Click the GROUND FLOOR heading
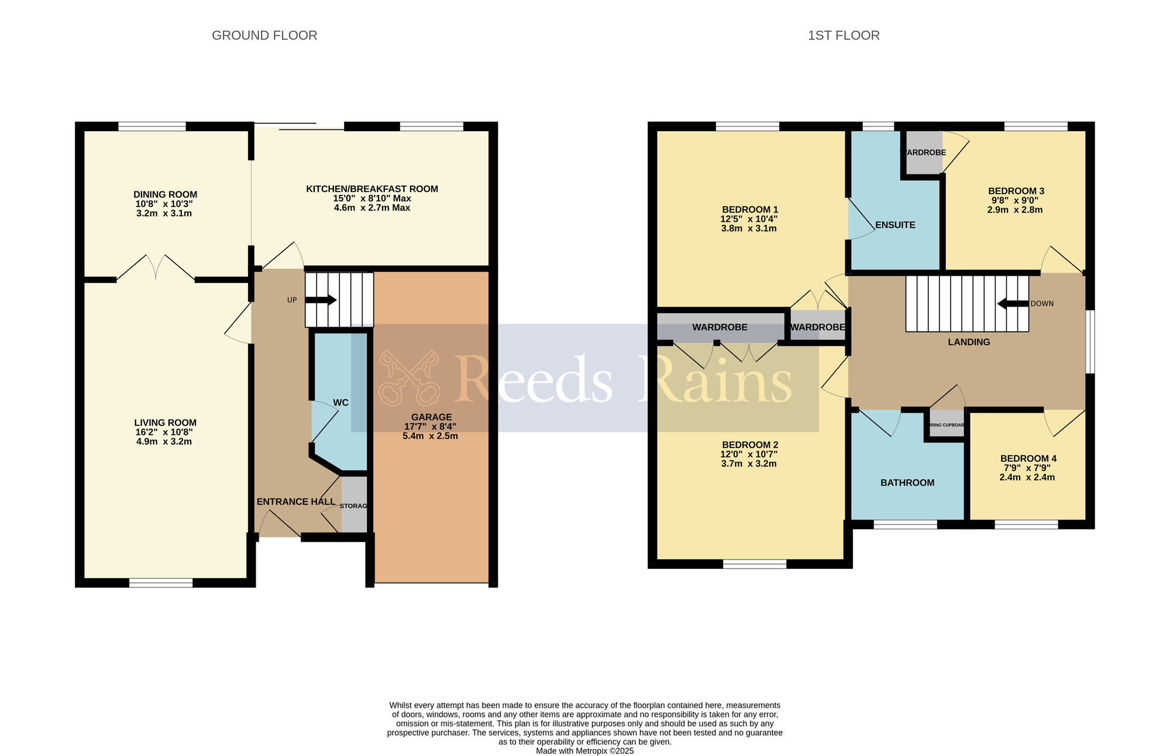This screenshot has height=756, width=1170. (264, 36)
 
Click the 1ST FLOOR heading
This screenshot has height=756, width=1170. (843, 36)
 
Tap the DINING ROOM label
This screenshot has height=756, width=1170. (165, 195)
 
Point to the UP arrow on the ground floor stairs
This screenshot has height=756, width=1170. (321, 300)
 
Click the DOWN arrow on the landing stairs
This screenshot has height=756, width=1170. (1013, 304)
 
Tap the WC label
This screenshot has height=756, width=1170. (340, 403)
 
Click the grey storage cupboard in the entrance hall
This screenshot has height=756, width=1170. (354, 505)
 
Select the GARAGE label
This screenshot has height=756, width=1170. (431, 417)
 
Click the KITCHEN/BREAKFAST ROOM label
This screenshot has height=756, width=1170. (372, 189)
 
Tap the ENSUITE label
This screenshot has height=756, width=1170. (895, 225)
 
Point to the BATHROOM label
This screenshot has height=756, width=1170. (907, 483)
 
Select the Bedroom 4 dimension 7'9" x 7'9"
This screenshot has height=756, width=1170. (1027, 468)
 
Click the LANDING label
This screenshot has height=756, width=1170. (969, 342)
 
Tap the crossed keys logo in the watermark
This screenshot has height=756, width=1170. (408, 378)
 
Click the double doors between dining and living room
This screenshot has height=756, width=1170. (156, 269)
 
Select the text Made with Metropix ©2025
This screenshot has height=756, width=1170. (584, 751)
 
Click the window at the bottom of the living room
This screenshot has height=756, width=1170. (161, 583)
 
